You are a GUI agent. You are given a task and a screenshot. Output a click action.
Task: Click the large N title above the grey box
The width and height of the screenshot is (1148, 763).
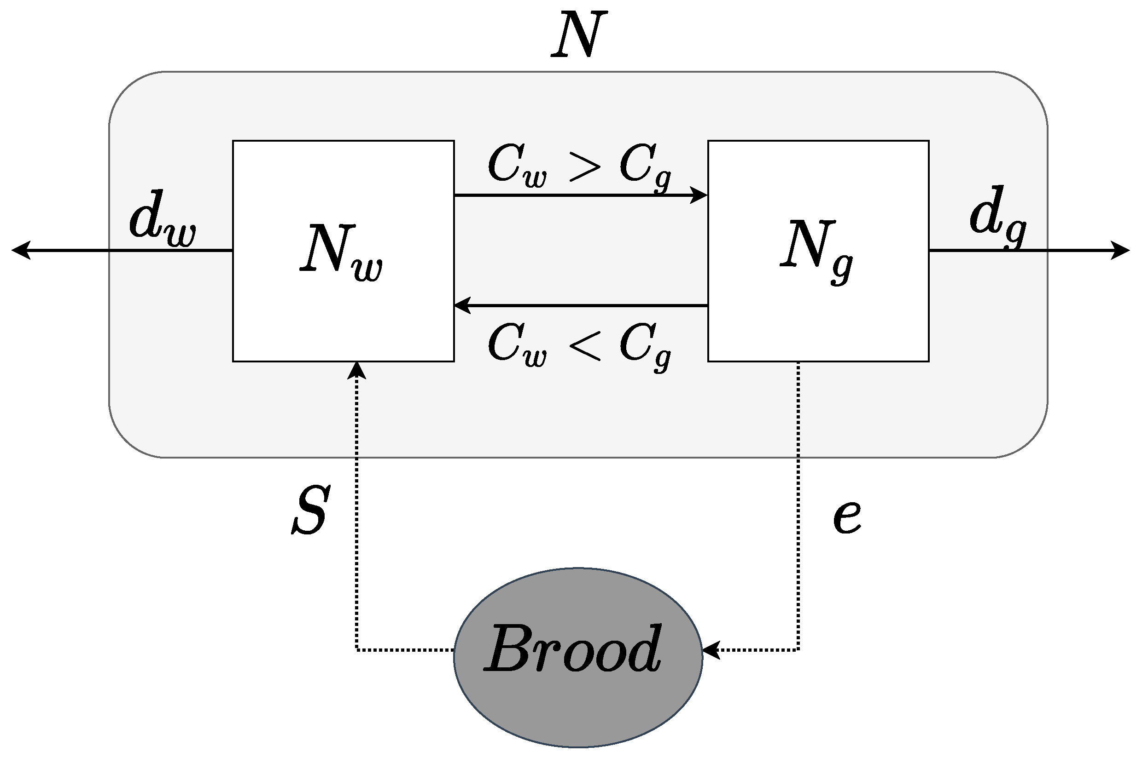[x=579, y=34]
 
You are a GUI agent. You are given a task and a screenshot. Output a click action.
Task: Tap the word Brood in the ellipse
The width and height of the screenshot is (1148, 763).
[x=574, y=649]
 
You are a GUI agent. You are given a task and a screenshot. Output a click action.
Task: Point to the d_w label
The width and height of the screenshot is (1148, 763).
[x=162, y=220]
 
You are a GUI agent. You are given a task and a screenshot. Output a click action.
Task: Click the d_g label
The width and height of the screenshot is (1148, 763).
[x=997, y=217]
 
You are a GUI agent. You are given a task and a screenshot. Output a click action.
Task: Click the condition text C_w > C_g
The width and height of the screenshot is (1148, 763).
[x=580, y=167]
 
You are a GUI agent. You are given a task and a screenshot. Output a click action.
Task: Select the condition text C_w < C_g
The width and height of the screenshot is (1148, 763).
[x=580, y=345]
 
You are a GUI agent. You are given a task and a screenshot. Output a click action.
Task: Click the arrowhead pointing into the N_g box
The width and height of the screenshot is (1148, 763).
[x=700, y=195]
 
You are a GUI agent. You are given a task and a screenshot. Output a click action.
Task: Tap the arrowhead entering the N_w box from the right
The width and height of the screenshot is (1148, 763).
[x=462, y=305]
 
